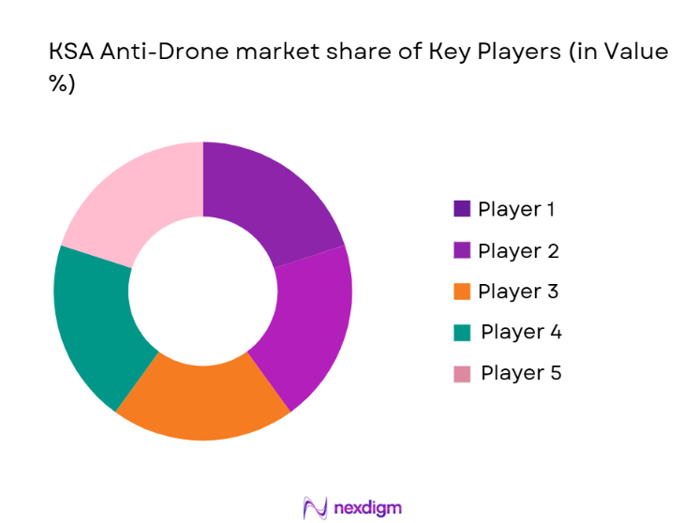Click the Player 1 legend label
[x=516, y=209]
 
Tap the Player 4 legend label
[x=521, y=332]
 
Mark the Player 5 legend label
[x=521, y=373]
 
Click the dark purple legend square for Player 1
[x=462, y=209]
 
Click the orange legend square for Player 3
[x=462, y=291]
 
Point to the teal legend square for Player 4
[x=462, y=333]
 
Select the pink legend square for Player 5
[x=462, y=374]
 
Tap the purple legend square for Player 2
[x=462, y=250]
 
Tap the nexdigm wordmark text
[x=367, y=508]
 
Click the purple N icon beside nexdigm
[x=315, y=507]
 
